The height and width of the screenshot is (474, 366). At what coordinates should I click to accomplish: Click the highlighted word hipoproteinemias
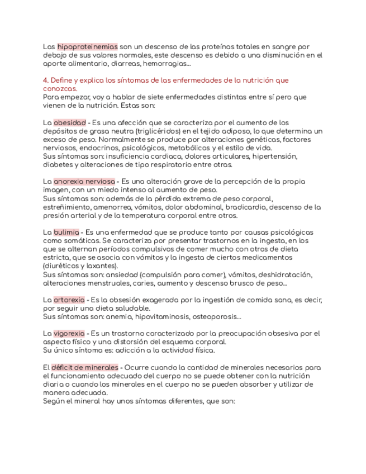(88, 47)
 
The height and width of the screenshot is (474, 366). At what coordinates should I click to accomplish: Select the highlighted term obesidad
(70, 122)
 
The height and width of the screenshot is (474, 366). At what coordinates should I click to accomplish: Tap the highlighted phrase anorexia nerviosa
(84, 182)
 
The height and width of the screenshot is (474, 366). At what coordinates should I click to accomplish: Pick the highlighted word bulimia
(66, 232)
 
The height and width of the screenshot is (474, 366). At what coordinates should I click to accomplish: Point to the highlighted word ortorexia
(69, 300)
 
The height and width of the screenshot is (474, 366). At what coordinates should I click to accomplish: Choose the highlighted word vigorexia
(69, 334)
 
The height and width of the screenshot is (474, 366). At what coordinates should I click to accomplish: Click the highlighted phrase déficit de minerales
(85, 367)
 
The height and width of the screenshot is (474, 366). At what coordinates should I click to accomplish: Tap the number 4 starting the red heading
(45, 80)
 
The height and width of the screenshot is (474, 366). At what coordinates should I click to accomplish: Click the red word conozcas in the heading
(60, 88)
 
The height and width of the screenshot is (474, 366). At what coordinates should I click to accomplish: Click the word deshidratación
(281, 274)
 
